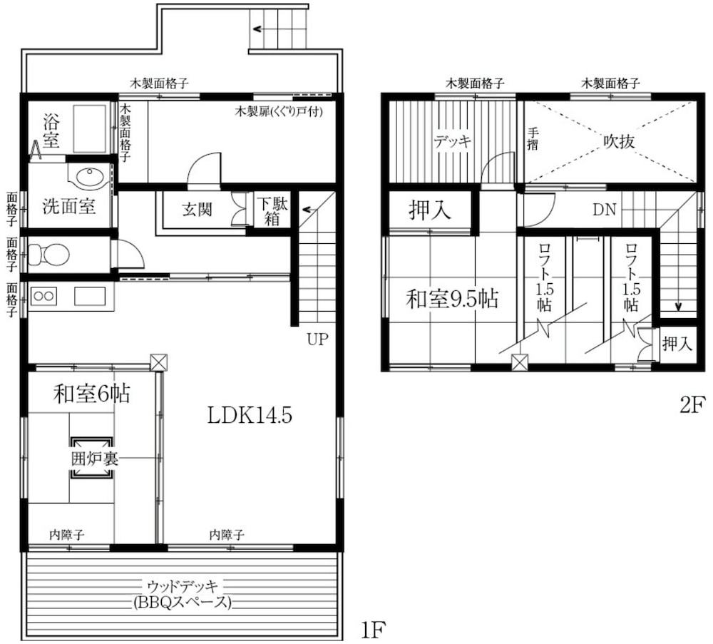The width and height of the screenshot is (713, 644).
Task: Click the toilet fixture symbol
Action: (49, 254)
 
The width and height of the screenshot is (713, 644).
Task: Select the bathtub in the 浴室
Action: (89, 128)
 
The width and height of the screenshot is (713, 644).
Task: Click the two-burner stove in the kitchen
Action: (43, 297)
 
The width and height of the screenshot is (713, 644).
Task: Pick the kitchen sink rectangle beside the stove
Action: (90, 297)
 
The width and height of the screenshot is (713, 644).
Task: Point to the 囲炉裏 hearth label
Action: (95, 459)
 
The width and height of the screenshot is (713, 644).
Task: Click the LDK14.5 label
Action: (250, 415)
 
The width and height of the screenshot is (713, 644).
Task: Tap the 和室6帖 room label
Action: (91, 394)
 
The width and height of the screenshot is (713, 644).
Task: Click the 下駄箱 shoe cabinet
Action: (272, 212)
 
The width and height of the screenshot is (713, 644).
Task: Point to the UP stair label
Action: (317, 339)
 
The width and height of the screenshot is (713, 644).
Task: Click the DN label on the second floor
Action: (605, 210)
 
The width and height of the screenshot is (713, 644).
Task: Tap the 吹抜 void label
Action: (619, 141)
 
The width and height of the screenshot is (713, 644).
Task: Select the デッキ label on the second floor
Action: (453, 142)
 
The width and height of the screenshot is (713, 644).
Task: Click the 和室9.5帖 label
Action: (452, 299)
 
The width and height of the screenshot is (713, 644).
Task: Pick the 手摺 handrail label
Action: (533, 139)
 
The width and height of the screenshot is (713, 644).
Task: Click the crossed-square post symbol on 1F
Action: (159, 362)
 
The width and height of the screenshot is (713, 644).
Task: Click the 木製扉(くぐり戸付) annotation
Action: (279, 111)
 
